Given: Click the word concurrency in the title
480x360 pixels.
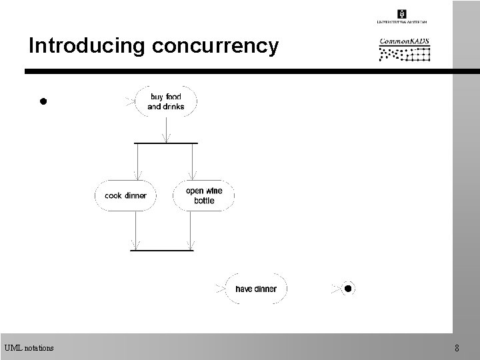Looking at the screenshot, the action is click(215, 46).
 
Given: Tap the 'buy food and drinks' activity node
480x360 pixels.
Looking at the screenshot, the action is click(165, 102).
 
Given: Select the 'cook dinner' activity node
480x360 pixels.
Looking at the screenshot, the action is click(125, 196).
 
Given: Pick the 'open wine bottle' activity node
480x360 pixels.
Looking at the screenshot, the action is click(204, 195).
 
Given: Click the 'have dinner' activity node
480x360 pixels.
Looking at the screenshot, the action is click(256, 289).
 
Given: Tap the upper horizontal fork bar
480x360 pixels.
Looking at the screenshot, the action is click(165, 143).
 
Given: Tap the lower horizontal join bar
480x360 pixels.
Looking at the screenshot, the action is click(161, 251).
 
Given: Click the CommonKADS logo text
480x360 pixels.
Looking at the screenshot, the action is click(404, 41).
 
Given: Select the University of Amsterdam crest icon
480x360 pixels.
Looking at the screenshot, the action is click(402, 13).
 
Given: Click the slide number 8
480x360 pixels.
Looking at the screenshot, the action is click(457, 347).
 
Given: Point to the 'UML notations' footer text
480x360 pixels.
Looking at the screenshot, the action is click(29, 347).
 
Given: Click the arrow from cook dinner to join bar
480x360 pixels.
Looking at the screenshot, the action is click(136, 230).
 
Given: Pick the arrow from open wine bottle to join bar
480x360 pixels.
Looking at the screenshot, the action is click(191, 230).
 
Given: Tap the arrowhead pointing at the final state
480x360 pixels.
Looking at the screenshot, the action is click(336, 289).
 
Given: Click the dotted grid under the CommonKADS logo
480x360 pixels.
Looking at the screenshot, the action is click(404, 54).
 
